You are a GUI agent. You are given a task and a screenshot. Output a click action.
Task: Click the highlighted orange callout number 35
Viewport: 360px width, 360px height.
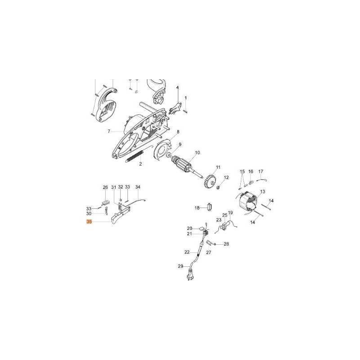click(89, 222)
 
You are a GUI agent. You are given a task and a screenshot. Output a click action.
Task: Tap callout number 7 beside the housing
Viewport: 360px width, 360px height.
click(109, 131)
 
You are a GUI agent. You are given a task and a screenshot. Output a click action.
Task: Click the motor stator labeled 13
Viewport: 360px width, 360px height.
click(247, 204)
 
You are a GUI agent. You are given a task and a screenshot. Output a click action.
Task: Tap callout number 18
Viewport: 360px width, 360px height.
click(197, 208)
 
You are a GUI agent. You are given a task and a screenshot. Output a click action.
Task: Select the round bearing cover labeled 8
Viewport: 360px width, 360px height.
click(162, 150)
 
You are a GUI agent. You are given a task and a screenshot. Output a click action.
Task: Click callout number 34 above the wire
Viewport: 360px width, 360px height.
click(138, 187)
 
